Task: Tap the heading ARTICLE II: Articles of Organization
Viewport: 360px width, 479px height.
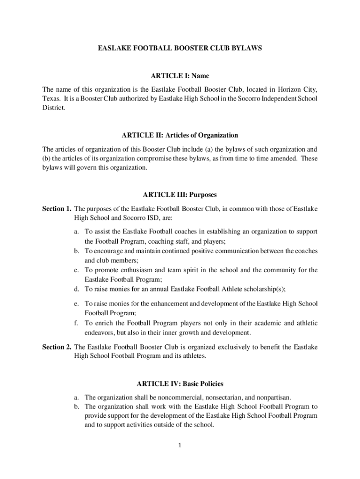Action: pos(180,135)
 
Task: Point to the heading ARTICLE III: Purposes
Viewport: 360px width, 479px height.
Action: pos(180,195)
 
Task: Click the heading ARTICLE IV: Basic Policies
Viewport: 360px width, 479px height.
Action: pos(180,384)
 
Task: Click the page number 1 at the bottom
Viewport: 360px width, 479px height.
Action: pos(180,445)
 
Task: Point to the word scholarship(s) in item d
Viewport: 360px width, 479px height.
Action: pos(266,288)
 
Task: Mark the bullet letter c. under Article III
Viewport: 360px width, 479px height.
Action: pos(76,270)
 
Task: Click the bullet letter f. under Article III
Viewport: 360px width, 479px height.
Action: pos(76,323)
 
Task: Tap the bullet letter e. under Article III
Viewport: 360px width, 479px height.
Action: pos(76,304)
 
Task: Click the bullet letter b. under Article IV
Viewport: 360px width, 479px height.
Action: pos(76,406)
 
